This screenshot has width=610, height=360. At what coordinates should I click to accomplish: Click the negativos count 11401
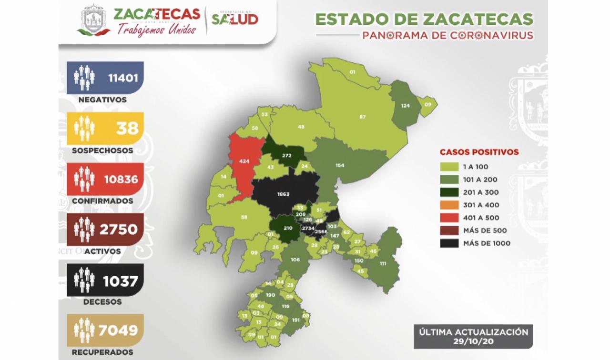(x=123, y=78)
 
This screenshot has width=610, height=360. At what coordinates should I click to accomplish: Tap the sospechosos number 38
(x=127, y=128)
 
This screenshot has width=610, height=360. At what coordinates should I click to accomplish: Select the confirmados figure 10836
(x=121, y=179)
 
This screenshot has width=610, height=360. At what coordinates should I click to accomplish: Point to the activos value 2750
(x=119, y=230)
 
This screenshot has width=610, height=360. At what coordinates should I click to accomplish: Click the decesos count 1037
(x=121, y=280)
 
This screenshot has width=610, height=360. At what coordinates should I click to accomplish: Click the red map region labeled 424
(x=244, y=161)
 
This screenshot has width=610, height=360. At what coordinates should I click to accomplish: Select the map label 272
(x=287, y=156)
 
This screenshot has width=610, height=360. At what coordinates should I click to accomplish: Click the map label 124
(x=406, y=105)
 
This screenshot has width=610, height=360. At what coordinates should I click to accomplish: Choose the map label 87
(x=363, y=117)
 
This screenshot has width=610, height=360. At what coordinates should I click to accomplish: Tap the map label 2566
(x=321, y=231)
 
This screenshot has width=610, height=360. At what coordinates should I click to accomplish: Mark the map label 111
(x=383, y=263)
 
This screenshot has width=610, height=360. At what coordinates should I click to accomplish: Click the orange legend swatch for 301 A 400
(x=449, y=205)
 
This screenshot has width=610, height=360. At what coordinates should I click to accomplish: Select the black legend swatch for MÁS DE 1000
(x=449, y=243)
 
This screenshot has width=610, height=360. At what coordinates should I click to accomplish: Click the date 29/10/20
(x=473, y=341)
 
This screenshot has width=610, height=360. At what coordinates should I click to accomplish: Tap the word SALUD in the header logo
(x=235, y=19)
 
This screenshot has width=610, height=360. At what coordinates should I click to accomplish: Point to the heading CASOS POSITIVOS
(x=479, y=152)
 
